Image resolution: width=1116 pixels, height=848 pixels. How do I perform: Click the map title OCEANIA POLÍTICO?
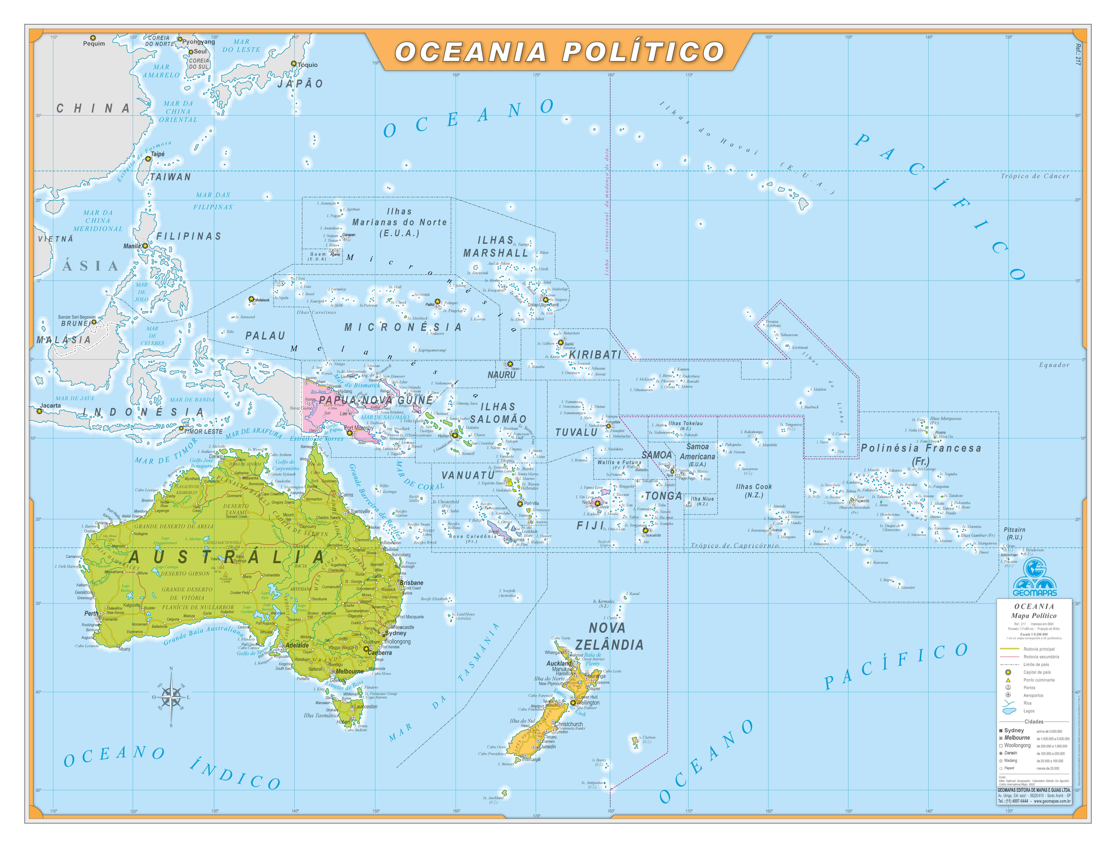559,52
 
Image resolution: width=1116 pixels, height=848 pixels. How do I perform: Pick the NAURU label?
501,375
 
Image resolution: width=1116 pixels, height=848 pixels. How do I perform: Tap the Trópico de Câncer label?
1035,176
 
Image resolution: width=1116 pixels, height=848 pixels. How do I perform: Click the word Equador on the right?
1054,365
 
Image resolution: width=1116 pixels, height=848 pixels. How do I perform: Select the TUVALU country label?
576,432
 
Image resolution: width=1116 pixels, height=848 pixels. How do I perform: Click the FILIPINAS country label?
189,236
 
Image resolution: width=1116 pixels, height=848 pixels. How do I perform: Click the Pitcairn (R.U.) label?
1014,534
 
